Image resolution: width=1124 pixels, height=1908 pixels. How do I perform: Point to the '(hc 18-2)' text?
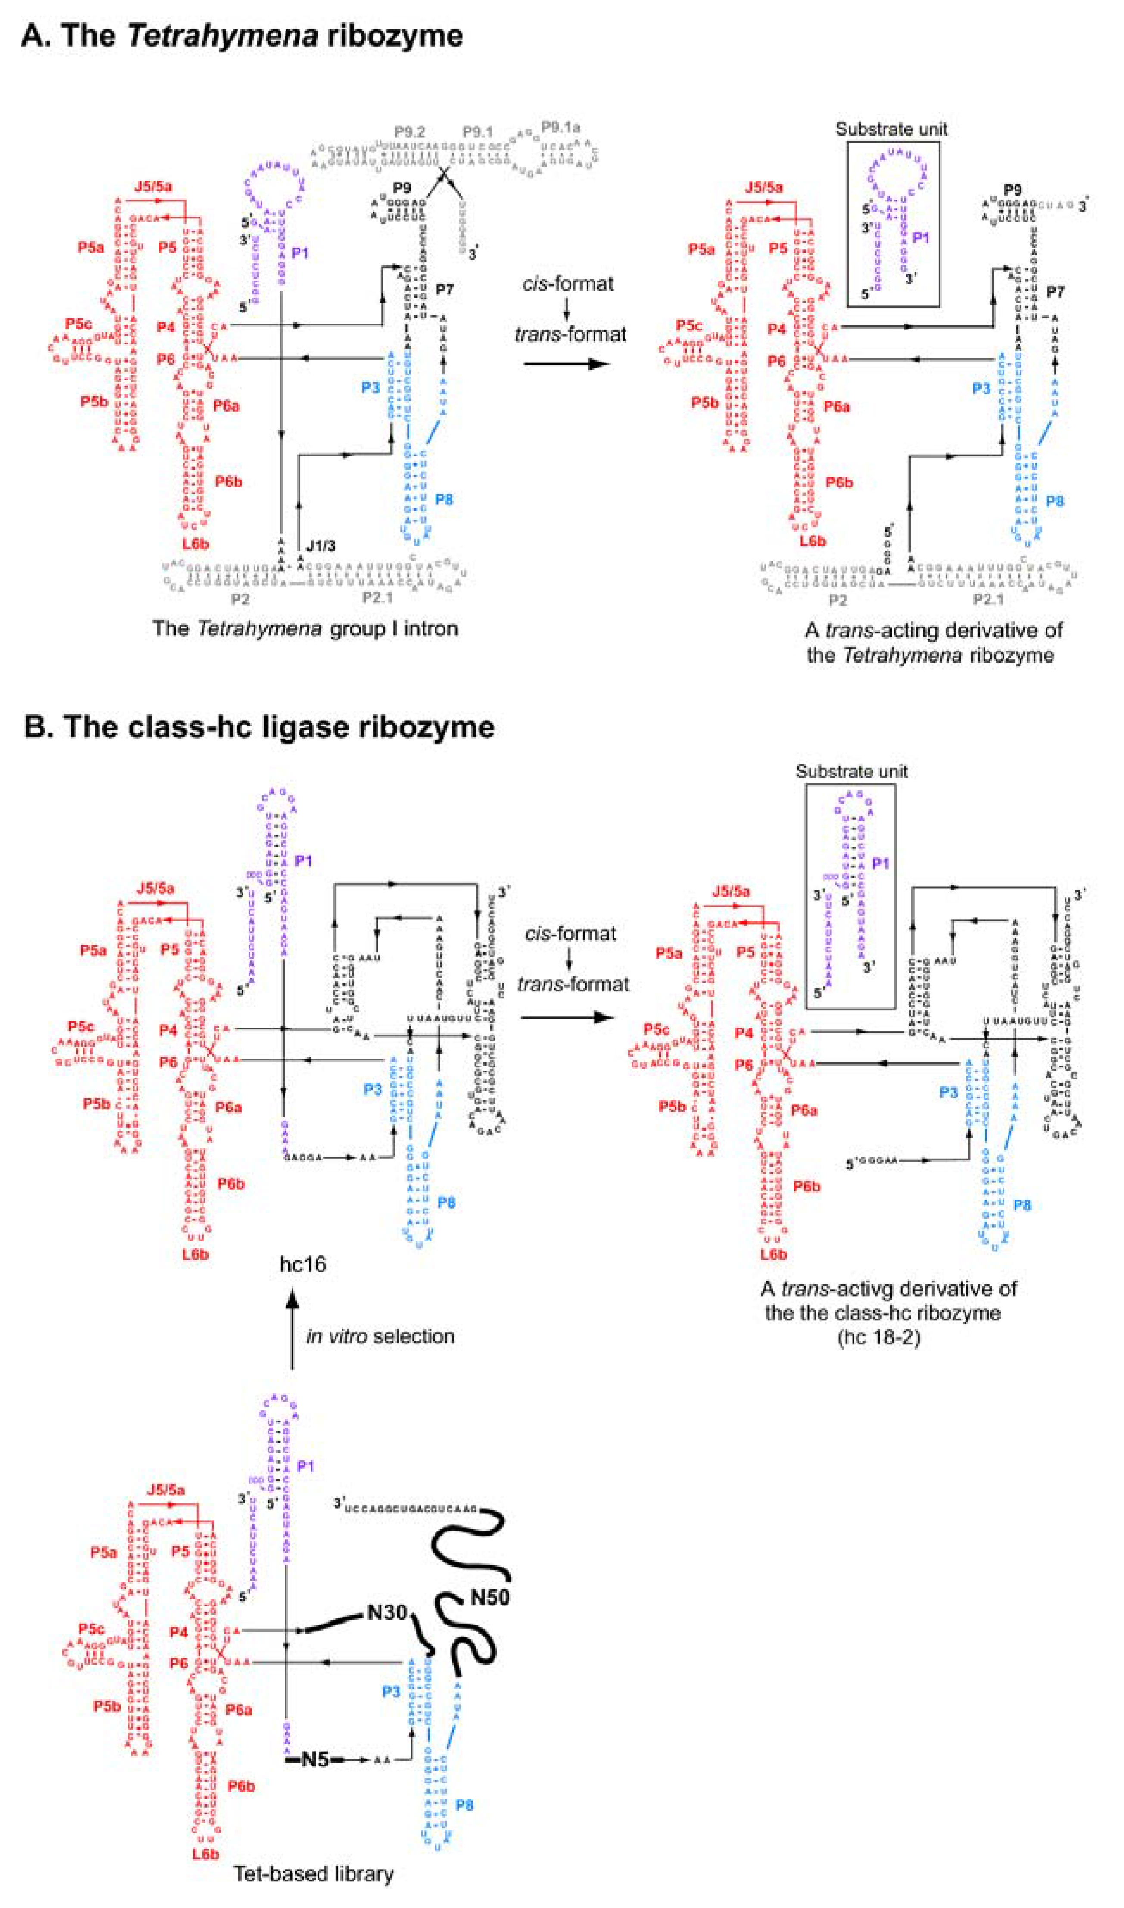[x=878, y=1337]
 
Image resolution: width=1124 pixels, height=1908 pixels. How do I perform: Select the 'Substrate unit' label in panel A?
[x=891, y=130]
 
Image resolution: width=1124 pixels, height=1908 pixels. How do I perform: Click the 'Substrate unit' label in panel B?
[x=851, y=772]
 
